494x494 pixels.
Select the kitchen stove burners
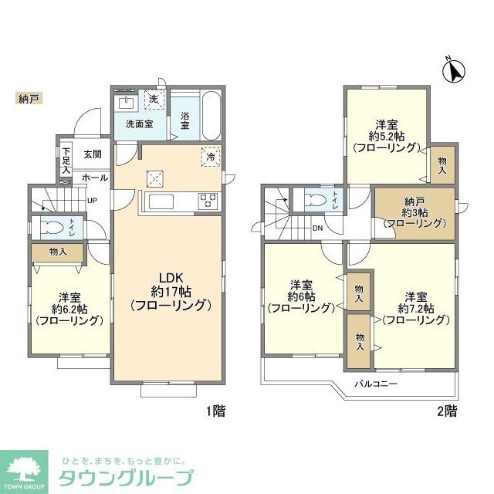tap(208, 201)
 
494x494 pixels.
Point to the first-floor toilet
tap(52, 229)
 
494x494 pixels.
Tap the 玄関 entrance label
tap(93, 154)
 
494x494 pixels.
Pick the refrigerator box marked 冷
tap(211, 155)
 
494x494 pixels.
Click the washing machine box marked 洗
tap(154, 100)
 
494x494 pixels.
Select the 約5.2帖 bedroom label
tap(386, 135)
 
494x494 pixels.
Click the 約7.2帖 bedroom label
tap(416, 307)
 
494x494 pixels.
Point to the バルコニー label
tap(376, 384)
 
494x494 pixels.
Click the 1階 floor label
tap(215, 411)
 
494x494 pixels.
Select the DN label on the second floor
tap(317, 227)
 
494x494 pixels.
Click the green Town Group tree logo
tap(26, 469)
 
